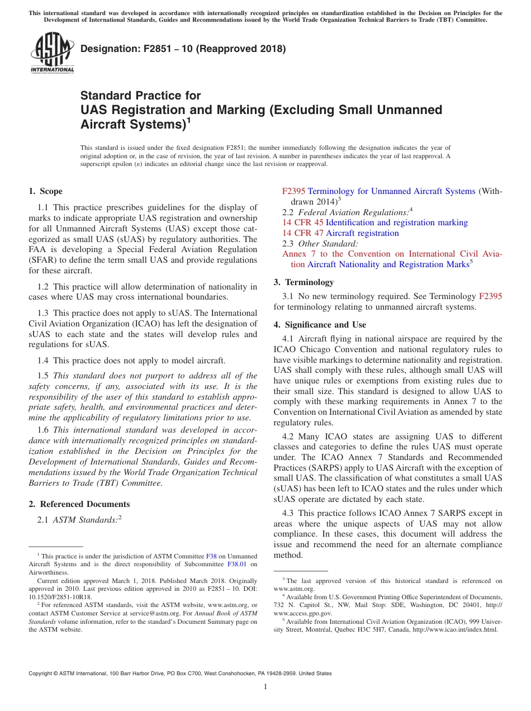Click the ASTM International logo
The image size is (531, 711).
52,53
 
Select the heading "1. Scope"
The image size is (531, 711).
46,191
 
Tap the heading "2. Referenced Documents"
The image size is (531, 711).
79,504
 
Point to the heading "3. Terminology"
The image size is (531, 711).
304,282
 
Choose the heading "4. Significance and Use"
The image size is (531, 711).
320,324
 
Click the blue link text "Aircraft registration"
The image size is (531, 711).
362,233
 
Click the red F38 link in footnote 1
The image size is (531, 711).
211,556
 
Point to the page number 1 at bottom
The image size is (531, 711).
265,687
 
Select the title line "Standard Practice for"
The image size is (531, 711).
140,96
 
